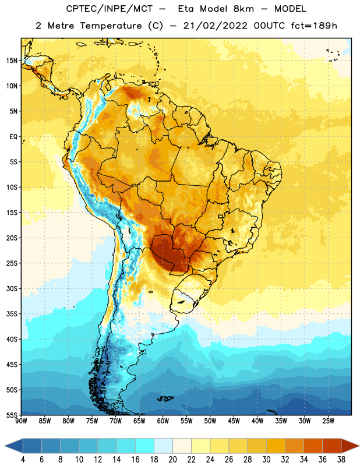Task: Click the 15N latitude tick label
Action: [11, 61]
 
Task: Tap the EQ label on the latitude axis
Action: [13, 137]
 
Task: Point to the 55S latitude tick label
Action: [11, 415]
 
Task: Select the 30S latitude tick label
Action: [11, 288]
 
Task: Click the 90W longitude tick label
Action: [21, 421]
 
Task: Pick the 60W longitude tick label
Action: [163, 421]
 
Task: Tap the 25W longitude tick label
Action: [329, 421]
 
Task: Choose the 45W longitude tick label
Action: [234, 421]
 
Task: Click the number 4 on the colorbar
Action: [23, 460]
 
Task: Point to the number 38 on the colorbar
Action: [341, 460]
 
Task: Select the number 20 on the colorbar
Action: [172, 460]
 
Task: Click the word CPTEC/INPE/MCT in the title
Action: [109, 9]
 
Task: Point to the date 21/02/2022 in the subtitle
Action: [215, 26]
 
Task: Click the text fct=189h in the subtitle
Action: [314, 26]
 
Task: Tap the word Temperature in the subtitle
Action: [111, 26]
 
